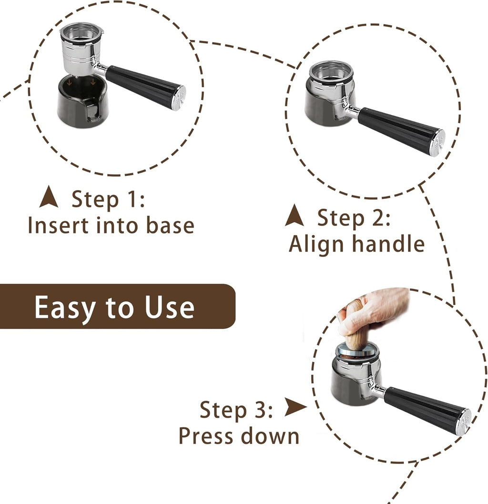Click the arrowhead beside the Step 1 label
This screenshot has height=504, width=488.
point(49,198)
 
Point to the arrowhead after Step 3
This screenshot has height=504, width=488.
point(295,408)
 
